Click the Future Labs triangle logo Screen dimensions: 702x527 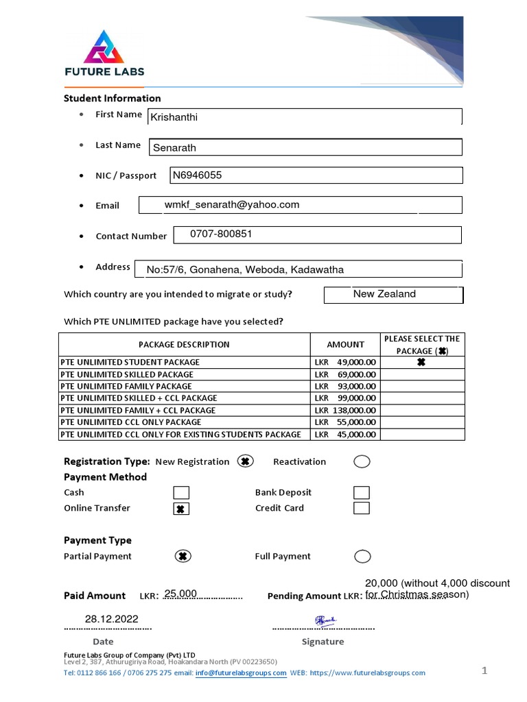[x=104, y=47]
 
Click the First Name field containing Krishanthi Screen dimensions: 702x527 [x=305, y=117]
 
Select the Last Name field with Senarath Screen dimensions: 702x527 [x=305, y=147]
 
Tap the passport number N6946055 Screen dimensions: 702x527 [x=198, y=175]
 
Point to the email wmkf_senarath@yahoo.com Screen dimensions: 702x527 [x=232, y=205]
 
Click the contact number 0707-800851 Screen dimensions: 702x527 [x=221, y=234]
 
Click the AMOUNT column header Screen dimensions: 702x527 [x=345, y=344]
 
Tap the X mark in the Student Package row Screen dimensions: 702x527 [x=421, y=363]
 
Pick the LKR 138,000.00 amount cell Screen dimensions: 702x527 [x=345, y=410]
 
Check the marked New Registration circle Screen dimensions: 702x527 [x=245, y=461]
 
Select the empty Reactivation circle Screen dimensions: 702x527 [x=362, y=461]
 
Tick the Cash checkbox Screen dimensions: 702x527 [x=181, y=492]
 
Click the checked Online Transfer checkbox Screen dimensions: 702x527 [x=181, y=509]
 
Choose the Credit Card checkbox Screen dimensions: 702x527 [x=362, y=508]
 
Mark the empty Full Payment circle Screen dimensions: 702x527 [x=362, y=556]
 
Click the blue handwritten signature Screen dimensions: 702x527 [x=325, y=621]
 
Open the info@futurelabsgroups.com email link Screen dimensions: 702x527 [x=240, y=673]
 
